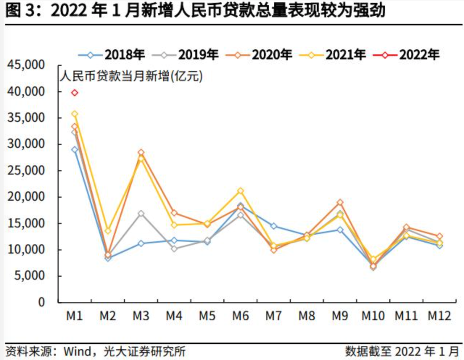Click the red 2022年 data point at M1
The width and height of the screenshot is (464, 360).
[75, 93]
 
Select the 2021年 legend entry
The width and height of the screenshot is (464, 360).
[333, 55]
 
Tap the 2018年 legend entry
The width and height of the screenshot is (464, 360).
[112, 55]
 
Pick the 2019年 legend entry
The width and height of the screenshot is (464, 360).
[185, 55]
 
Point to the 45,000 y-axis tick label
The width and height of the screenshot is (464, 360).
[26, 65]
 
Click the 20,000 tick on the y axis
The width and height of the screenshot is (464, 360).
[26, 197]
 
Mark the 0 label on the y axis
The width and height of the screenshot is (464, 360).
[42, 302]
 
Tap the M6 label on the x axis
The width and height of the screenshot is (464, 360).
[240, 316]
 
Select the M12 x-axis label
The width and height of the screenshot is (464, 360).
[439, 316]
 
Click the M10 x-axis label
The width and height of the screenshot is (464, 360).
[373, 316]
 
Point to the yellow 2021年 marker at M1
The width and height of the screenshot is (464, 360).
[75, 114]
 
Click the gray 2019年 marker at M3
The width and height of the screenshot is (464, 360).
[141, 214]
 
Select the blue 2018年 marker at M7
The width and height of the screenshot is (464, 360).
[274, 226]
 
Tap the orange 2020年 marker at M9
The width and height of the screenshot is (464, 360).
[340, 202]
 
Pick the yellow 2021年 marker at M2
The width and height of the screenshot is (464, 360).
[108, 231]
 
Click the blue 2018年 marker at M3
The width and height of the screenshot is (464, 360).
[141, 243]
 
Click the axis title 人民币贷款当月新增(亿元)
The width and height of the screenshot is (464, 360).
[131, 76]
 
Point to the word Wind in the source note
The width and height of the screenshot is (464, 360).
[78, 351]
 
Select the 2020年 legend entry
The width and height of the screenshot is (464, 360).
[259, 55]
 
